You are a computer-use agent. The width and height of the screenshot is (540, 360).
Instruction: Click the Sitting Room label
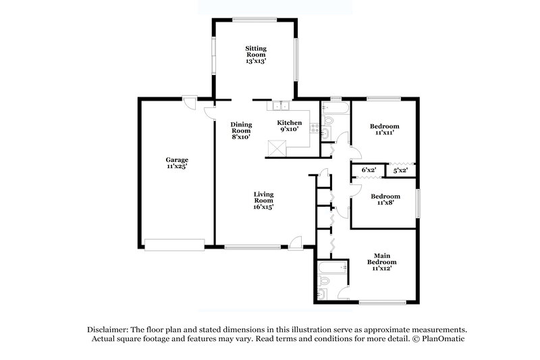(x=255, y=54)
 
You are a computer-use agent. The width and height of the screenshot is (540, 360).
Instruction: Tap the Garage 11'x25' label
(x=177, y=163)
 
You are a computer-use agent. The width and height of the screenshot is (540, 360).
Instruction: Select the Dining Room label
(x=240, y=130)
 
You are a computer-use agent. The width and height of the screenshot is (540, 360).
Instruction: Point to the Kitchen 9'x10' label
(x=290, y=126)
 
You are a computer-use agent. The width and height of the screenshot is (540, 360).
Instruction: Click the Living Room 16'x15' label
(x=263, y=201)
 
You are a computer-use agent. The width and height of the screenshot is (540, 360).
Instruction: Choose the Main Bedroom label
(x=381, y=262)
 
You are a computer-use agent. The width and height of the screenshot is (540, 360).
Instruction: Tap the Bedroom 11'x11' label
(x=384, y=130)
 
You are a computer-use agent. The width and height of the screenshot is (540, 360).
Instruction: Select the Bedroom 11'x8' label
(x=384, y=200)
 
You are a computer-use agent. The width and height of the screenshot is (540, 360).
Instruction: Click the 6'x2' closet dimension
(x=369, y=170)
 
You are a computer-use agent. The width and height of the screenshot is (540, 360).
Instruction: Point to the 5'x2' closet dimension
(x=400, y=170)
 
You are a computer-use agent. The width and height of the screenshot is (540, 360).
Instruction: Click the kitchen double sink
(x=279, y=106)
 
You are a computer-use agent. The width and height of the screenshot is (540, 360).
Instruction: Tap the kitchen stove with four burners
(x=314, y=128)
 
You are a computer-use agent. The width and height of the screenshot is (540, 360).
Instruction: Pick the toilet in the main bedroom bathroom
(x=322, y=293)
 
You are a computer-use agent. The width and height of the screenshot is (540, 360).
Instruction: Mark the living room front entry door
(x=296, y=241)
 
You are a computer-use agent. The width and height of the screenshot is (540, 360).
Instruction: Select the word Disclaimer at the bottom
(x=110, y=328)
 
